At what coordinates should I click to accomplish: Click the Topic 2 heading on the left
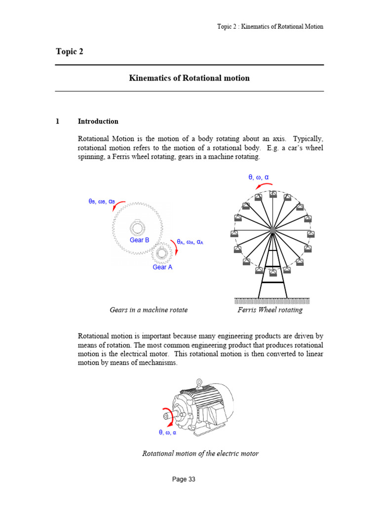coord(70,52)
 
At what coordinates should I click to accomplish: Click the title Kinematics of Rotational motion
coord(189,78)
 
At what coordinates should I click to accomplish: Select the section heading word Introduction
coord(98,121)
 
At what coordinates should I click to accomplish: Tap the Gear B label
coord(139,240)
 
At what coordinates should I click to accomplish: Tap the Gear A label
coord(162,267)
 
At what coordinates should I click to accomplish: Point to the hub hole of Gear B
coord(138,228)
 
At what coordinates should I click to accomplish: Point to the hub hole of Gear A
coord(161,254)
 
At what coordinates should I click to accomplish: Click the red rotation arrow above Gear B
coord(118,205)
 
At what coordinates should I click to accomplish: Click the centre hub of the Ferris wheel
coord(272,230)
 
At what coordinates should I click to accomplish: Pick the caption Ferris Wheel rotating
coord(270,310)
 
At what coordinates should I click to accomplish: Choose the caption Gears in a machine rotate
coord(149,310)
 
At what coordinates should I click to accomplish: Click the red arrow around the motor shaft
coord(165,417)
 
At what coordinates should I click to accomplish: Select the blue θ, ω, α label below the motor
coord(167,432)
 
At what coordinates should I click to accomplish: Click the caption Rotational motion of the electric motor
coord(200,453)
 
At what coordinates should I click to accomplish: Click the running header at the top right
coord(270,27)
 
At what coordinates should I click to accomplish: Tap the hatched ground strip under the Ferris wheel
coord(272,300)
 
